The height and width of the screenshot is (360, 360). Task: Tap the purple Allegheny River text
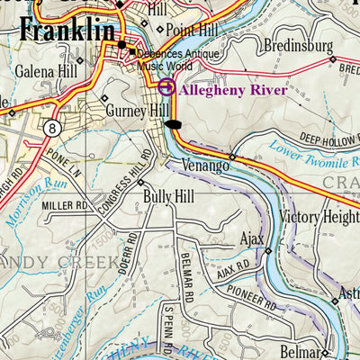[233, 89]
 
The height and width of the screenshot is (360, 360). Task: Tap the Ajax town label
[251, 240]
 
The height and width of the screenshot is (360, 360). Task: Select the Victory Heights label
[319, 217]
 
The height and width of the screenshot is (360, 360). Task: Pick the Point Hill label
[193, 31]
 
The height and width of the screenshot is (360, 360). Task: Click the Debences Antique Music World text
[179, 58]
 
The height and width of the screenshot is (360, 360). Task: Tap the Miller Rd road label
[62, 207]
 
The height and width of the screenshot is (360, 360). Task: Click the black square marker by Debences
[131, 51]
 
